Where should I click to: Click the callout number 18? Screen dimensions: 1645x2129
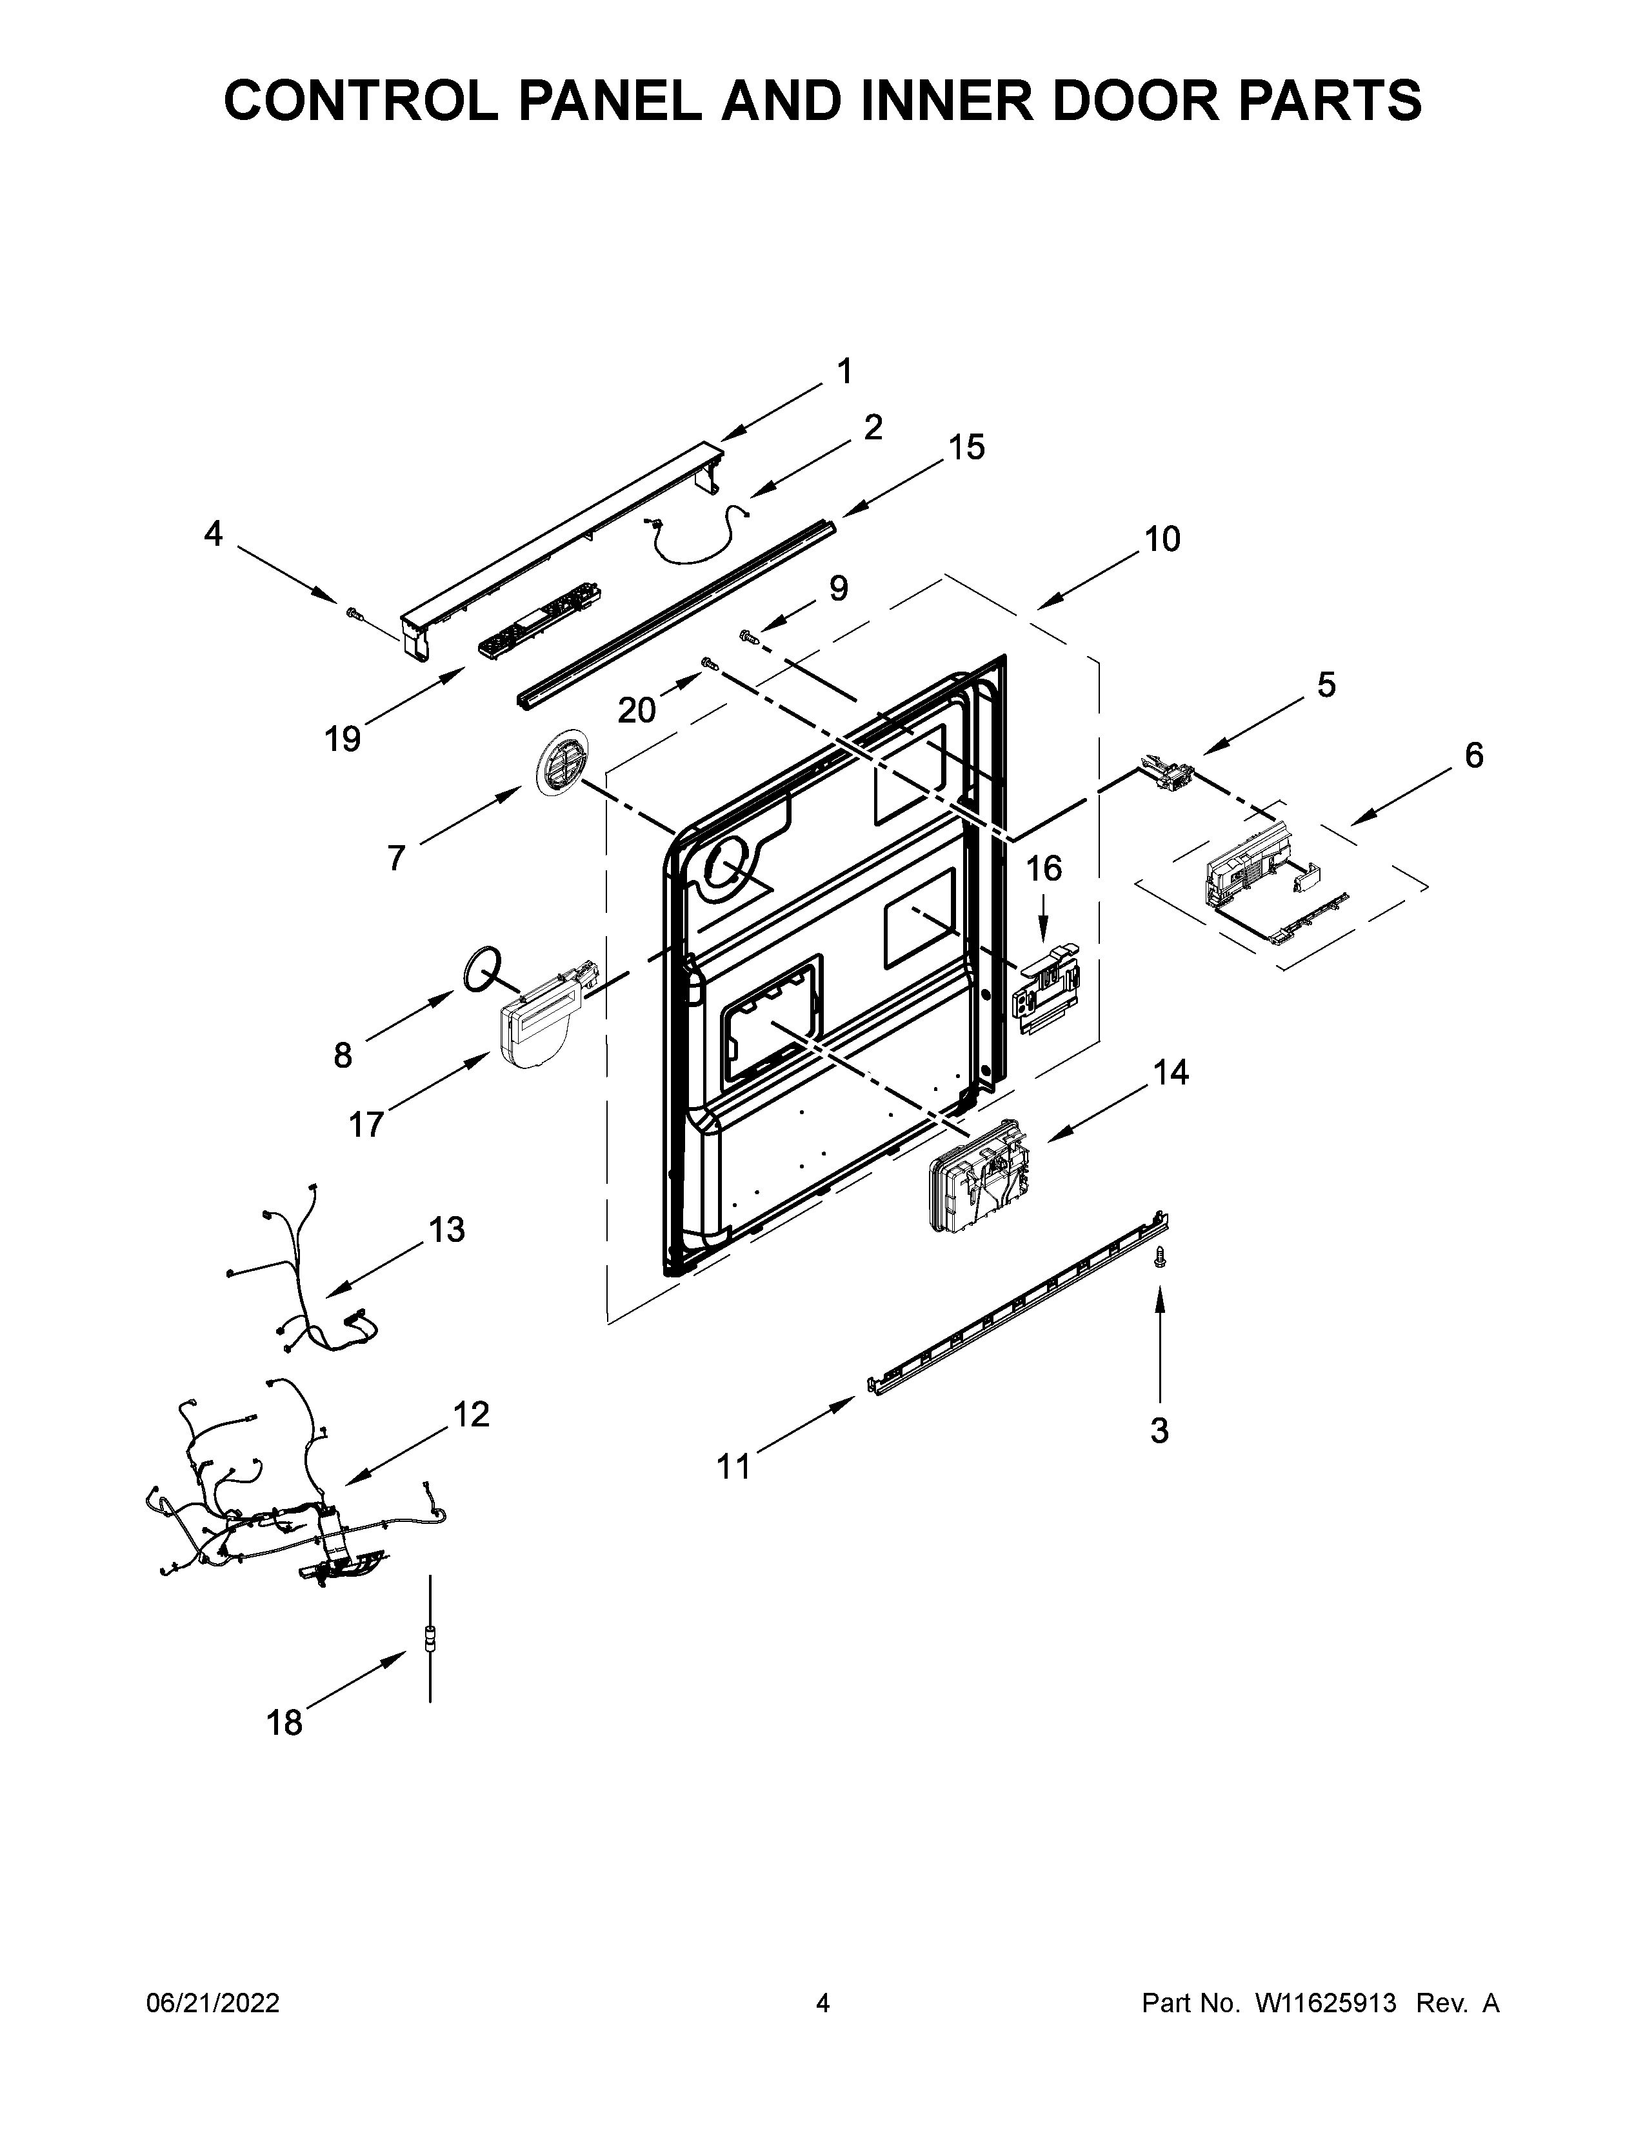[x=284, y=1723]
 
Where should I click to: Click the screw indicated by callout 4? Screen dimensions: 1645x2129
[x=353, y=613]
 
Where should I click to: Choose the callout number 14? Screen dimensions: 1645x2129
[x=1171, y=1072]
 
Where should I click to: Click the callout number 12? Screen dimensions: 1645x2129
[x=472, y=1414]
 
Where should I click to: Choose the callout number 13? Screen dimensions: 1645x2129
[x=447, y=1230]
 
